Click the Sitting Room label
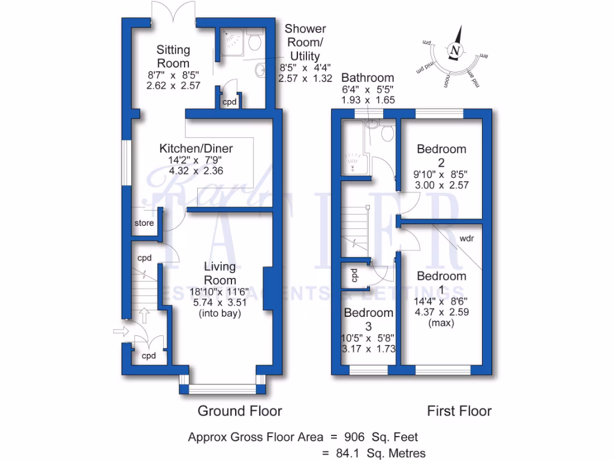(x=173, y=56)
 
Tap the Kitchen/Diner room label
(x=195, y=149)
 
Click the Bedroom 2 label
(x=441, y=155)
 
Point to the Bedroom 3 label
(x=369, y=319)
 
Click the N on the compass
(x=456, y=50)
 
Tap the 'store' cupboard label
(x=144, y=223)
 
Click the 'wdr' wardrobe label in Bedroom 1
(x=468, y=238)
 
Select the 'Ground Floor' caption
(x=240, y=411)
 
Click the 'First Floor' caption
(x=459, y=411)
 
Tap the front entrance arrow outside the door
(x=120, y=330)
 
